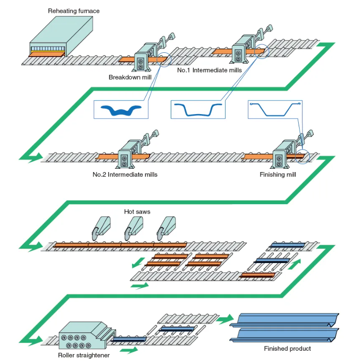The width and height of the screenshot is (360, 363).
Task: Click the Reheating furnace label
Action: (74, 11)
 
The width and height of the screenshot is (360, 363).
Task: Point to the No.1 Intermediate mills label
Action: (209, 70)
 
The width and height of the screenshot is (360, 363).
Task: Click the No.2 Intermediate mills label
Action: (125, 174)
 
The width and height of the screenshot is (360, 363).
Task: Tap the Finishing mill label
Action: (278, 174)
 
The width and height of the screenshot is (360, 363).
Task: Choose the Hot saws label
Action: (137, 212)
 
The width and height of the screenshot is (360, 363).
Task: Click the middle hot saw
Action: (132, 227)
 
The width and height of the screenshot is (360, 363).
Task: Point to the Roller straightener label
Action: (84, 355)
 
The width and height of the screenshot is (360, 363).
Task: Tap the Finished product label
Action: (287, 348)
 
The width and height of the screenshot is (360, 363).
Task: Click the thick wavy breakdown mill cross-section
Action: (120, 110)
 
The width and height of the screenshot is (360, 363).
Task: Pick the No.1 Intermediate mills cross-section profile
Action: (198, 110)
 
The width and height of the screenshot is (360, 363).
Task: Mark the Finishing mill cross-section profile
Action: (275, 110)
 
